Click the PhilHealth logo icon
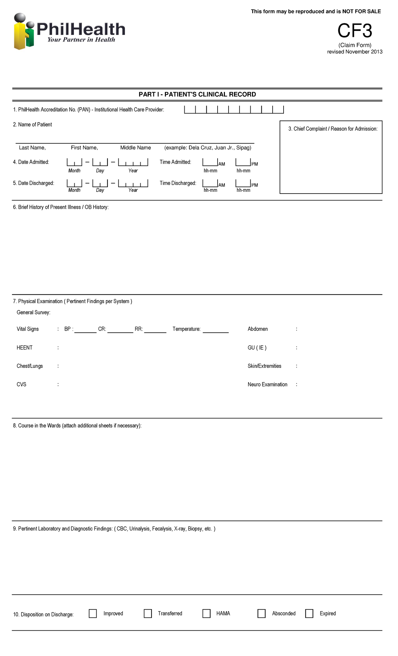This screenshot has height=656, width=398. (24, 32)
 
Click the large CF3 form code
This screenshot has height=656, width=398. (355, 31)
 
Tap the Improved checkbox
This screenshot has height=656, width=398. (93, 613)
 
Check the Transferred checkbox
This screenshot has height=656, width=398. (148, 613)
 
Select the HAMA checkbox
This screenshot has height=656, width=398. (206, 613)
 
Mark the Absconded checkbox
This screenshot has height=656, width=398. (261, 613)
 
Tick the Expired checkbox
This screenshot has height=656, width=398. (309, 613)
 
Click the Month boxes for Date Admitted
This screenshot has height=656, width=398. (74, 162)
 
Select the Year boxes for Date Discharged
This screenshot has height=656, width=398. (133, 183)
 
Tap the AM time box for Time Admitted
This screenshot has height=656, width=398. (210, 162)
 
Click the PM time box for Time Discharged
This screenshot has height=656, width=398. (243, 183)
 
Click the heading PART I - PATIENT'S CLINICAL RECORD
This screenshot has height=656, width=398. (197, 94)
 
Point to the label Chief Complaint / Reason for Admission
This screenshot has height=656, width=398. (333, 129)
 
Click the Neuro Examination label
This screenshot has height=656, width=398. (267, 384)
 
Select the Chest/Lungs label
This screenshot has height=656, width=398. (30, 366)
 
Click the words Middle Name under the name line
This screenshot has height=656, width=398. (135, 148)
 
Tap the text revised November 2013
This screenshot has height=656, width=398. (355, 52)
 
